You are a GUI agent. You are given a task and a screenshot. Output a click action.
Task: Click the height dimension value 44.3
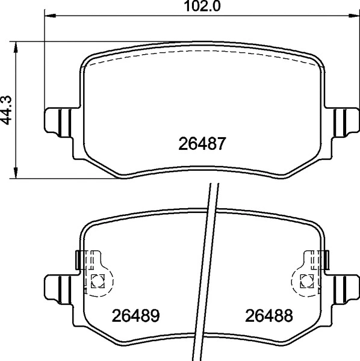7,111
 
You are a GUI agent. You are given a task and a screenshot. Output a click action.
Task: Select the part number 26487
202,144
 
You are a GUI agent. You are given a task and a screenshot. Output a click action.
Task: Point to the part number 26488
268,315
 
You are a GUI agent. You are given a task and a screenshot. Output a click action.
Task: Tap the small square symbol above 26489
98,280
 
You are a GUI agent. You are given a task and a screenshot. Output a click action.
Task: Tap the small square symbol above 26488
306,280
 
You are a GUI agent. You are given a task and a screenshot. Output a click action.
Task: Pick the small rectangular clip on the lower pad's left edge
78,261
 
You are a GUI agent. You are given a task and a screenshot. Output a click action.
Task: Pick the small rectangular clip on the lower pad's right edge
326,261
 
